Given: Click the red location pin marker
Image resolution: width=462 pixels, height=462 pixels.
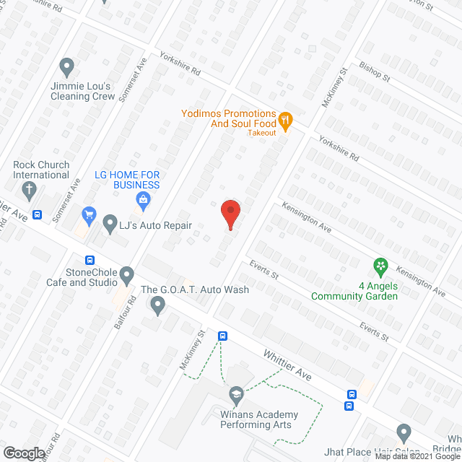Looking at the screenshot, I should [x=230, y=214].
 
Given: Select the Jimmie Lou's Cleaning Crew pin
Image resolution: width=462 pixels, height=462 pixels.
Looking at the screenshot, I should [x=66, y=68].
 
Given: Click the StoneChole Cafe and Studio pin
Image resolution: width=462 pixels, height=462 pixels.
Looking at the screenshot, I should [x=127, y=275].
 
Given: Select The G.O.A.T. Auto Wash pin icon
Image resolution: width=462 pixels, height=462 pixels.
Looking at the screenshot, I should [x=158, y=307].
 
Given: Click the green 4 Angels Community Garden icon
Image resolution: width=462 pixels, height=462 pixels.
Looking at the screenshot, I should [x=380, y=267].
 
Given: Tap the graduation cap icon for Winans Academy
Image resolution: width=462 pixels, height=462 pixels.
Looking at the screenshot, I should [x=235, y=394].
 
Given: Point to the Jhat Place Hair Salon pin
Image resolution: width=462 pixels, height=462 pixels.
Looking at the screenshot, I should [x=404, y=434].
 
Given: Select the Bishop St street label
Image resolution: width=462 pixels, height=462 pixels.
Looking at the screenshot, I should [x=375, y=73].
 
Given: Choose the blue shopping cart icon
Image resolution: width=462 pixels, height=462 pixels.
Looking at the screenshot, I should [x=89, y=214].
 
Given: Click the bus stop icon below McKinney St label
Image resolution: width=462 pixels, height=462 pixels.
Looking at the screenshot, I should [x=223, y=336].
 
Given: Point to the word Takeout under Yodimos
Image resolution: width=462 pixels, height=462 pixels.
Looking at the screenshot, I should [x=262, y=133].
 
